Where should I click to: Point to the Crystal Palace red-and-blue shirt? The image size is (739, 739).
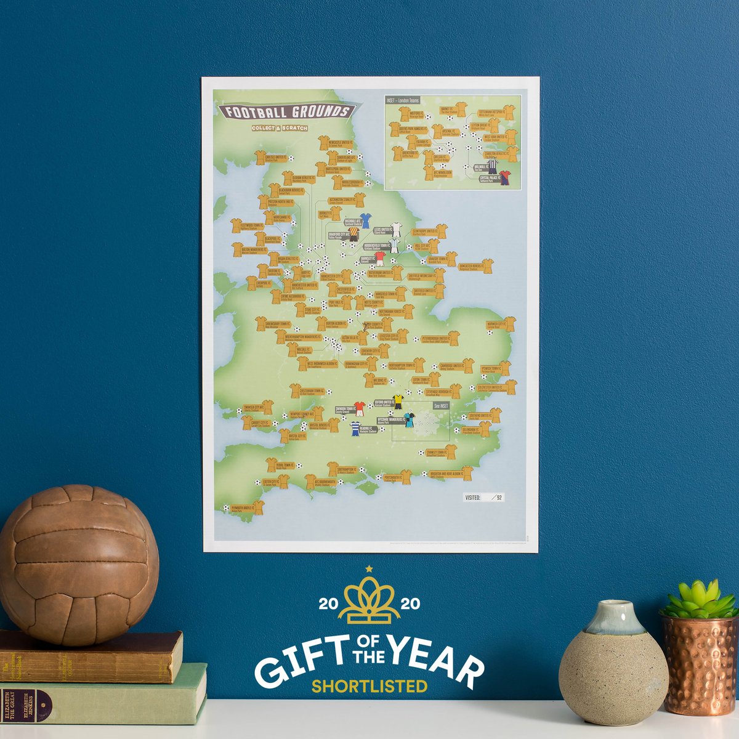click(505, 178)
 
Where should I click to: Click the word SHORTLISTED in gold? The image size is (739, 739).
click(369, 685)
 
